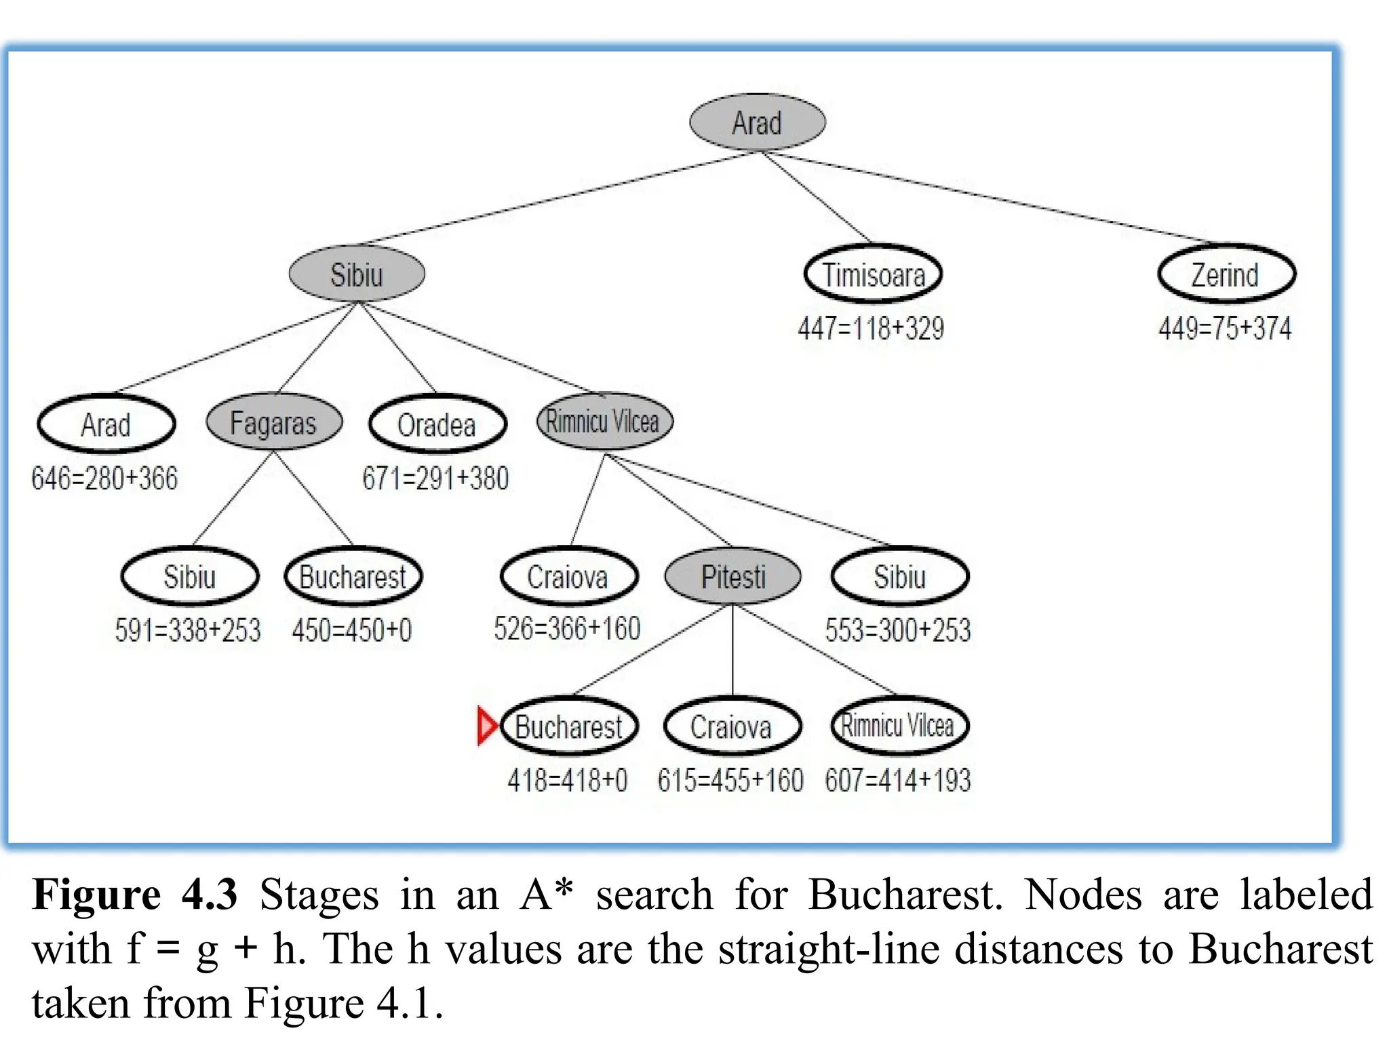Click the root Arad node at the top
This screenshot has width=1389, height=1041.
coord(757,122)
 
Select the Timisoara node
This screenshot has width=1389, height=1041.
coord(873,274)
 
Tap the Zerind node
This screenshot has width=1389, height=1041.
coord(1226,274)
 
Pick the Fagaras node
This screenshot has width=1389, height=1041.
coord(273,422)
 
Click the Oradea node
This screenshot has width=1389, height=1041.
coord(437,425)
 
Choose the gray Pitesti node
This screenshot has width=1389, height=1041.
coord(732,577)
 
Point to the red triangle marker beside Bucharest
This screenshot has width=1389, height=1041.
coord(486,725)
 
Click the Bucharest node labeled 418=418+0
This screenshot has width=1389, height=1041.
coord(568,727)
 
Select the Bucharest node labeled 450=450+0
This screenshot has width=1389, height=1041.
coord(353,577)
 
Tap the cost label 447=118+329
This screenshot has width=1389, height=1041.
coord(871,329)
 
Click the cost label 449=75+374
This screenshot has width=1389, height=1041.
coord(1225,329)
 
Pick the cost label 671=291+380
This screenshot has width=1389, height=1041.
coord(435,478)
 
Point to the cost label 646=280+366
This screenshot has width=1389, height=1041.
coord(104,478)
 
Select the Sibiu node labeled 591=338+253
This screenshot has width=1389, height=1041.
coord(189,577)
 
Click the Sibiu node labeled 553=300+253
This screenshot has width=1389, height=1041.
coord(899,577)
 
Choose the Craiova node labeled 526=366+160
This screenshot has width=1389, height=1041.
coord(568,577)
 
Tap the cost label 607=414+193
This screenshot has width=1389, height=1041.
coord(898,780)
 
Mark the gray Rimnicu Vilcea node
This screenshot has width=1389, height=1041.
coord(603,422)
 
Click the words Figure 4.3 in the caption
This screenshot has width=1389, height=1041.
coord(135,895)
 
